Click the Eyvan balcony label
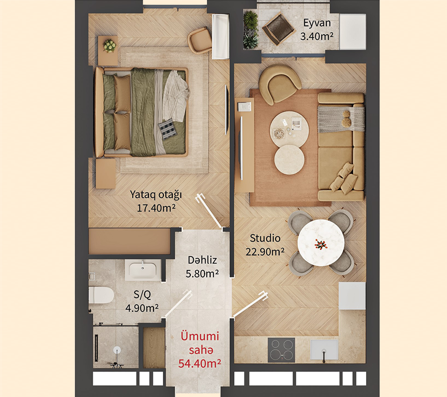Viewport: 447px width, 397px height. point(317,23)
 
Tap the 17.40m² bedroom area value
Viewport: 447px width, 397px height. point(156,208)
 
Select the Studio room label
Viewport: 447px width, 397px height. point(265,238)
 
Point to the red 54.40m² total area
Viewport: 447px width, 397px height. point(200,363)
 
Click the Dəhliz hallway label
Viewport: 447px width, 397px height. point(202,260)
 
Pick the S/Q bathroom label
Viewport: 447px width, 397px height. point(142,295)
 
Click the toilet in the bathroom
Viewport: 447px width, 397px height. point(101,295)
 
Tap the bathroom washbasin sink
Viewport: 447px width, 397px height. point(143,269)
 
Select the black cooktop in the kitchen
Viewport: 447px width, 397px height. point(282,350)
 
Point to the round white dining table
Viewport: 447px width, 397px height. point(321,243)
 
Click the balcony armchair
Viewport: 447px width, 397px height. point(278,29)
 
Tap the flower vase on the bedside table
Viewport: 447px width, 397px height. point(110,46)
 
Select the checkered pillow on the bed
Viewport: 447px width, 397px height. point(167,129)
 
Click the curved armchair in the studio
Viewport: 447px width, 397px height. point(279,83)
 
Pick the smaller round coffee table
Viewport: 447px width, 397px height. point(290,159)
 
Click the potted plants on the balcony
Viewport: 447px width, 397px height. point(251,30)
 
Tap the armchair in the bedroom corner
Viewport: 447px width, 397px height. point(200,40)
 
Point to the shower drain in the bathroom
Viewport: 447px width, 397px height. point(117,350)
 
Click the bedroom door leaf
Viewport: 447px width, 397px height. point(209,211)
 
